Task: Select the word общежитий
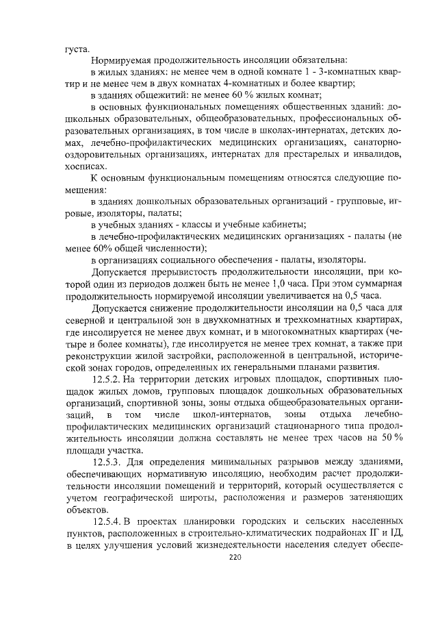point(158,95)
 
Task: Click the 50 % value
point(387,438)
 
